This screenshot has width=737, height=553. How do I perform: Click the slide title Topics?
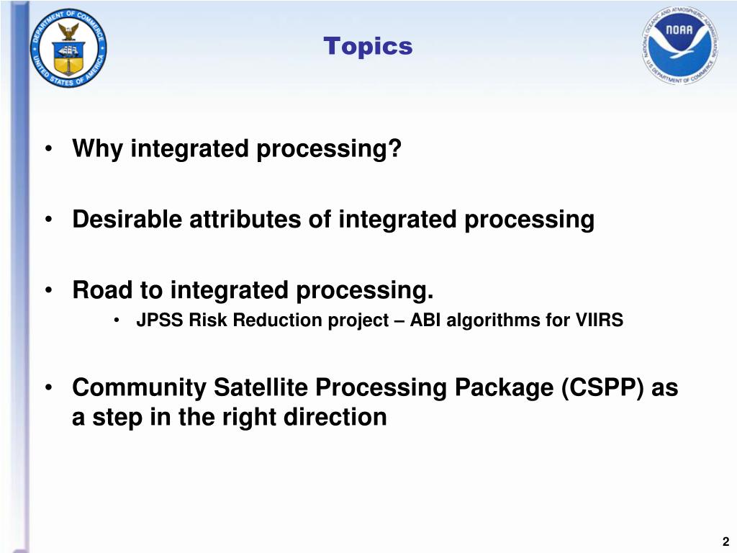(368, 47)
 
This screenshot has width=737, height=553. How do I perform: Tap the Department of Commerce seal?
(68, 48)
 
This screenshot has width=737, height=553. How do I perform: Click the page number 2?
(725, 541)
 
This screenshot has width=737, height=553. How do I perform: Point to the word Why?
(97, 148)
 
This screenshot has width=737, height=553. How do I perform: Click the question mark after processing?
(395, 148)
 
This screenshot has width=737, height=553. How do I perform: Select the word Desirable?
(127, 219)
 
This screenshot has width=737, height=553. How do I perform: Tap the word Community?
(139, 387)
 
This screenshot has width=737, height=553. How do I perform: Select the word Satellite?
(261, 387)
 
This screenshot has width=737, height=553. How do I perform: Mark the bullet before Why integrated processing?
(48, 149)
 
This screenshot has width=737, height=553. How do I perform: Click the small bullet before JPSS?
(116, 320)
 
